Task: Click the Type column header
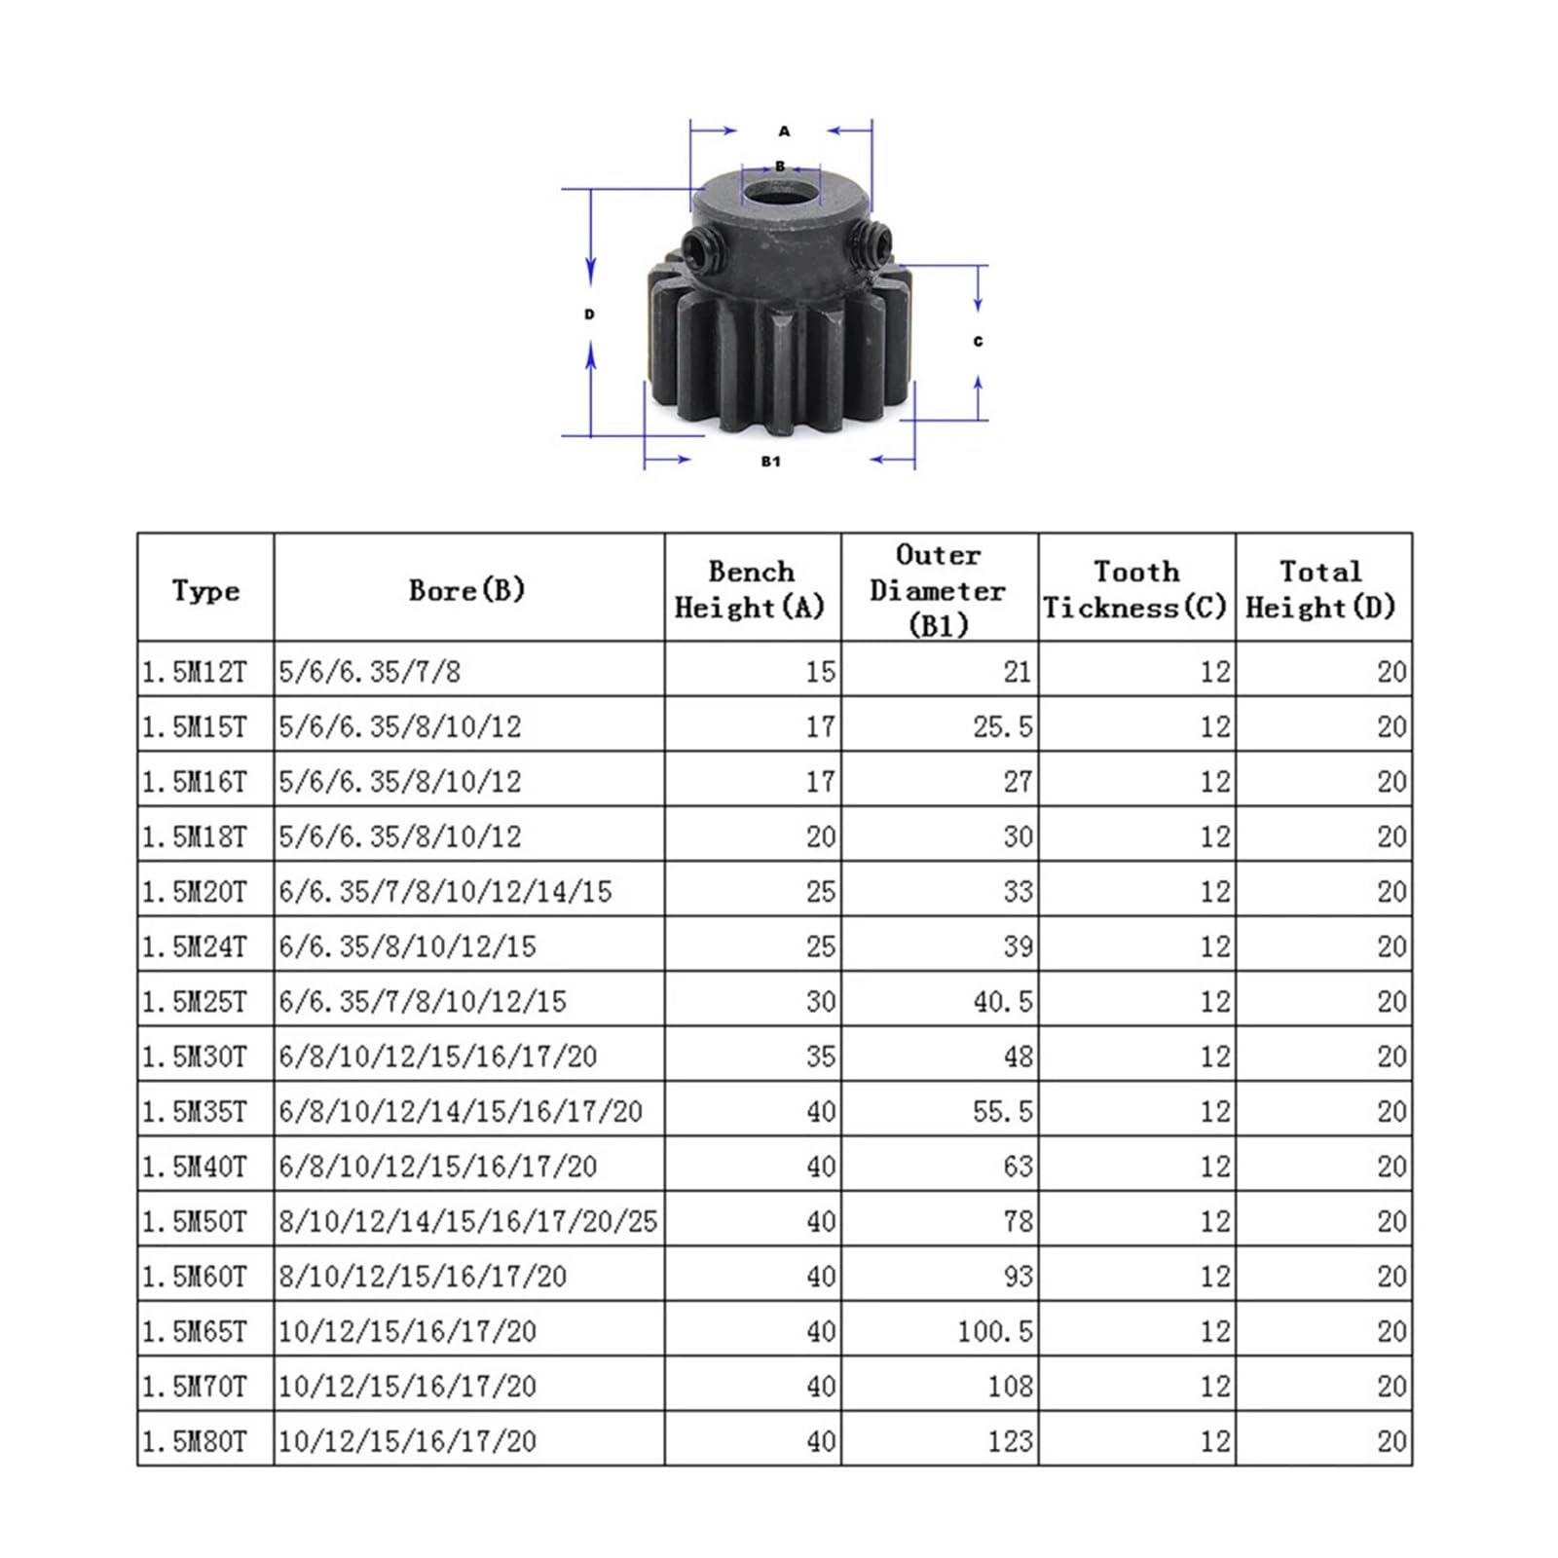point(205,590)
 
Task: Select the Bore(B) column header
point(467,589)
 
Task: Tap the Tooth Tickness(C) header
point(1135,589)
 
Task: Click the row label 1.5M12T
point(195,672)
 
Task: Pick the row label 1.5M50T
point(195,1221)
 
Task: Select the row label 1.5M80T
point(195,1441)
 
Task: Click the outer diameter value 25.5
point(1003,727)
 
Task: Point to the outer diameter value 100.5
point(994,1331)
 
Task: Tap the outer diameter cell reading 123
point(1010,1441)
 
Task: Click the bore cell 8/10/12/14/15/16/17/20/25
point(468,1221)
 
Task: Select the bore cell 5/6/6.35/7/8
point(370,672)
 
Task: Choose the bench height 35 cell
point(821,1057)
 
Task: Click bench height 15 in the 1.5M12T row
point(821,672)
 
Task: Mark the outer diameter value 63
point(1018,1167)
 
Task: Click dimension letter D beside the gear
point(589,315)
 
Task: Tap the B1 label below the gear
point(770,462)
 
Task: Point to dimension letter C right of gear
point(978,342)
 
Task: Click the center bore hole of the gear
point(781,190)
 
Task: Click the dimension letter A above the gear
point(784,131)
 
